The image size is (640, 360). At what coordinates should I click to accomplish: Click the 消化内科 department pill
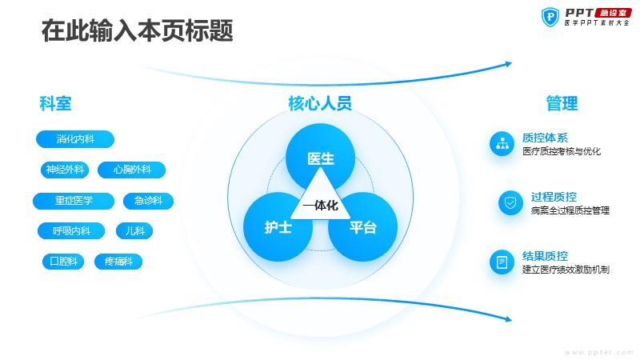pos(75,139)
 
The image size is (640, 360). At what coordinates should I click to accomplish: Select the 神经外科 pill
pos(65,170)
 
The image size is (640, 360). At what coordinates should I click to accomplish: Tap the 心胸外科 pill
pos(132,170)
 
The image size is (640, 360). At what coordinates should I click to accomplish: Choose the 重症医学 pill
pos(74,201)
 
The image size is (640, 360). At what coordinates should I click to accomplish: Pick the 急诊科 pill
pos(149,201)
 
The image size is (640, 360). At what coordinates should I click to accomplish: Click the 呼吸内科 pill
pos(71,231)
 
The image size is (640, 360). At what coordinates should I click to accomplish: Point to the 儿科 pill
pos(134,231)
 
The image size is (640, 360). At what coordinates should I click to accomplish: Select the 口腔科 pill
pos(63,262)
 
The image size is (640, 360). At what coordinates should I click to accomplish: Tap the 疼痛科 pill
pos(118,262)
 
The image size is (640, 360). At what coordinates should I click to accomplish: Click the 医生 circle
pos(321,158)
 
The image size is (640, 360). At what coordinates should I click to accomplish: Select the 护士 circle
pos(278,227)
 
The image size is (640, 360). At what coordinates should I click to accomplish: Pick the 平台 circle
pos(363,227)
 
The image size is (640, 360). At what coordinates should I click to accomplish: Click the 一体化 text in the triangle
pos(321,206)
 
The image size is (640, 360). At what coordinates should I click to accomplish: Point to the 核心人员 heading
pos(320,103)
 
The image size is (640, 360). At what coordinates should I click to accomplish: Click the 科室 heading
pos(55,103)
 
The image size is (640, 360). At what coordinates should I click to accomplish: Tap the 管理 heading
pos(562,103)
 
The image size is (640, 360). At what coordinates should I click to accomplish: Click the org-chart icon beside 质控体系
pos(502,144)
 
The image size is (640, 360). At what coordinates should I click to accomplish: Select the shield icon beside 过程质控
pos(510,203)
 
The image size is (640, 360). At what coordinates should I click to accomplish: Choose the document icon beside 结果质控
pos(502,262)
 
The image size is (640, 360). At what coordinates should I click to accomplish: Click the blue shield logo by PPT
pos(550,17)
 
